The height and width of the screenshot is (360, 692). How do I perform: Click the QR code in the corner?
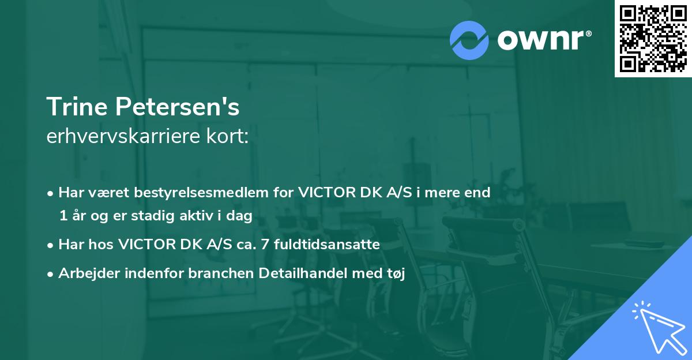(x=653, y=38)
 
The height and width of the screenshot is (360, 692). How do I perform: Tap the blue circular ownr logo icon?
(x=469, y=39)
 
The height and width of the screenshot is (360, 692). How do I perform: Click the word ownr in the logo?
(x=543, y=40)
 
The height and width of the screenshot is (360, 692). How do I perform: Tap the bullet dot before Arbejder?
(x=51, y=275)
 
